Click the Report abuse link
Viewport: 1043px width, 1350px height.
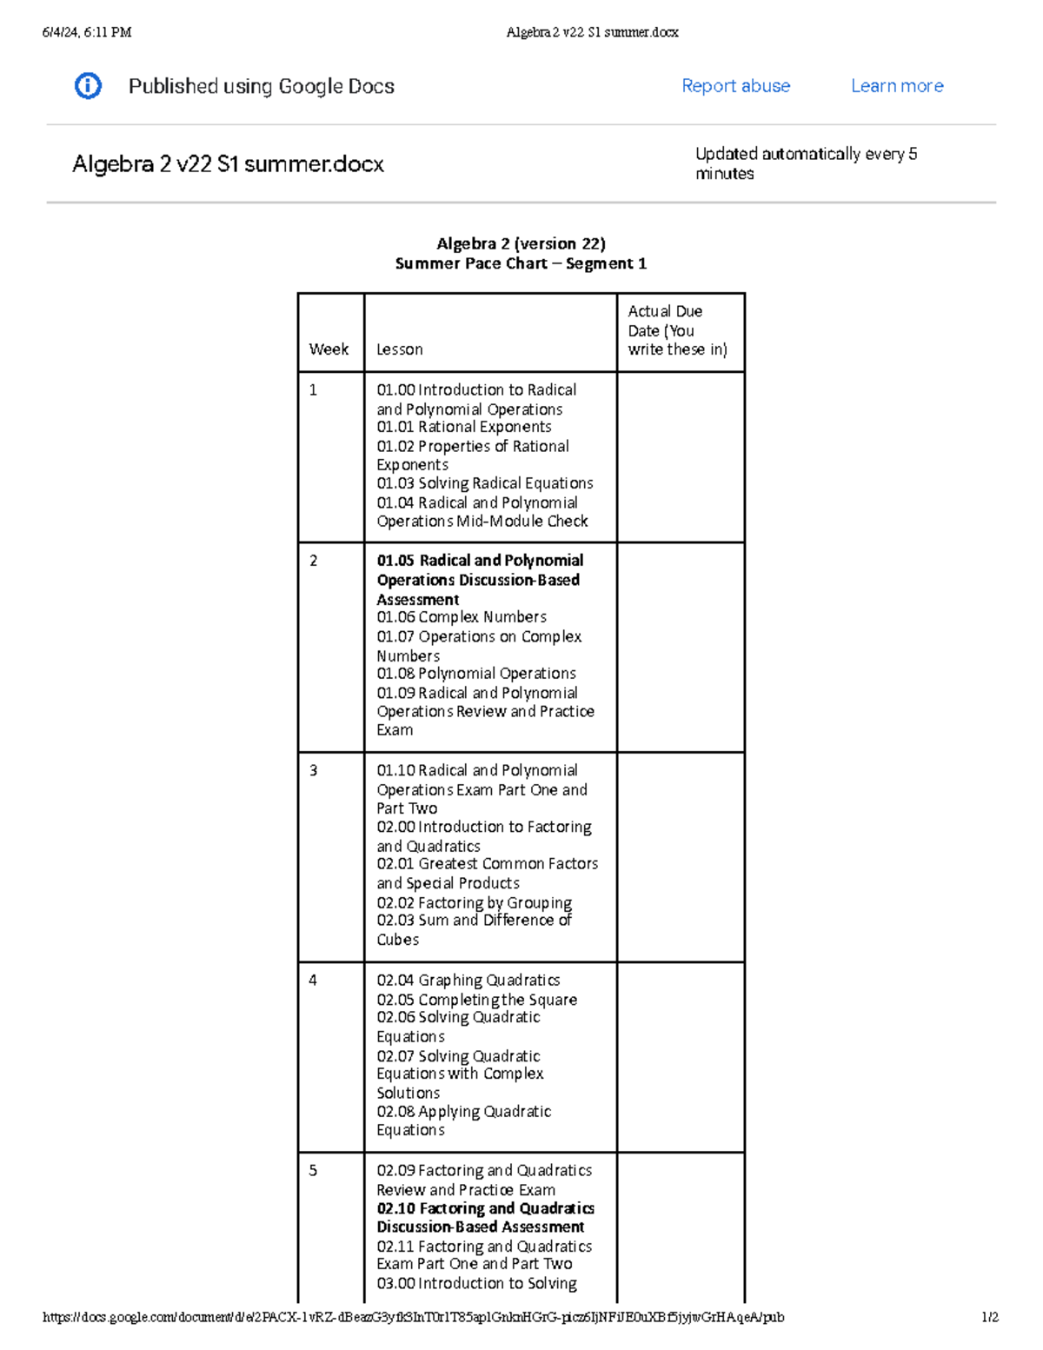pos(735,86)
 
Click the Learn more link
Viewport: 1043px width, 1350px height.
pos(897,86)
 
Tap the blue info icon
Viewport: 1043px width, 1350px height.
pos(88,86)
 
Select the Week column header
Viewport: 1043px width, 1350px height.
pos(329,349)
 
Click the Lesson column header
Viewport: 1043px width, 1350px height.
pos(400,349)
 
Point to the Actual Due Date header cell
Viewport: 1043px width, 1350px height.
pos(677,330)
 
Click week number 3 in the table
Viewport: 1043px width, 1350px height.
pos(314,771)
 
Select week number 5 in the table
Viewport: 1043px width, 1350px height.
pos(314,1171)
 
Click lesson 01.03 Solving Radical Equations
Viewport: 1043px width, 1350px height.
pos(484,483)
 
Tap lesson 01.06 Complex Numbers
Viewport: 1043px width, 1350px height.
pos(461,617)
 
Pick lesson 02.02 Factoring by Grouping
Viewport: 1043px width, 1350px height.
pos(474,903)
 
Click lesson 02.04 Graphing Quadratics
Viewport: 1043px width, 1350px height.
pos(468,981)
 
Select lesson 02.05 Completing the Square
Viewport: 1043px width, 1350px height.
pos(476,1000)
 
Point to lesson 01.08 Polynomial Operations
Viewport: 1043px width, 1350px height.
pos(475,674)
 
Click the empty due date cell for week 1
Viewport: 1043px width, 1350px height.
pos(681,457)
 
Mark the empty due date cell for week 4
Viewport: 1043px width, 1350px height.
pos(681,1057)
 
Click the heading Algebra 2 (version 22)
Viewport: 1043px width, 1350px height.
pos(521,243)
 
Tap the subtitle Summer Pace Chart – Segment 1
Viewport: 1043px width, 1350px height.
pos(521,263)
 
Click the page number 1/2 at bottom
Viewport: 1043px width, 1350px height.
pos(989,1317)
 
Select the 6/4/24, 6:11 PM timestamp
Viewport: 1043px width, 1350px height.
pos(87,32)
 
